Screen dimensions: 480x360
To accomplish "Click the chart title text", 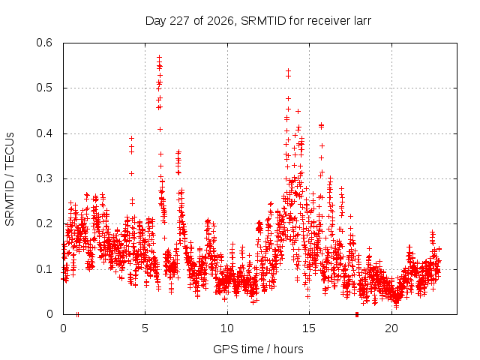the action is click(258, 21).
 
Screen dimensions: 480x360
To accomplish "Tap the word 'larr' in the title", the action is click(361, 21).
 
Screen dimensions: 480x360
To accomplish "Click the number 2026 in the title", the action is click(220, 21).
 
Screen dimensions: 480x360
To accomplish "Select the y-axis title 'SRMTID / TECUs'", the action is click(10, 179).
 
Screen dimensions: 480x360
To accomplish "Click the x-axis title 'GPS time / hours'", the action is click(258, 349).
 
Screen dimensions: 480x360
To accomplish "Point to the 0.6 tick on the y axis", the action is click(44, 43).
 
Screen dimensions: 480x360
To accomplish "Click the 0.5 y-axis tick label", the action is click(44, 88).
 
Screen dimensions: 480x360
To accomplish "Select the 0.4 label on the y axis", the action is click(44, 133).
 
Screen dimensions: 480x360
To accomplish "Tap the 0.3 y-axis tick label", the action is click(44, 178).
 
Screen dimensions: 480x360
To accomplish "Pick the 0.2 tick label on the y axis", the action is click(44, 223).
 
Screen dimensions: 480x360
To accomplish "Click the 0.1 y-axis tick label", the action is click(44, 269).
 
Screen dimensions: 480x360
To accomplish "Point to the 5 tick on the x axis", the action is click(145, 328).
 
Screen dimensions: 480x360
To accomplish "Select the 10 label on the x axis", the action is click(227, 328).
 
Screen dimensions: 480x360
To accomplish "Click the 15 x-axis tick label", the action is click(309, 328).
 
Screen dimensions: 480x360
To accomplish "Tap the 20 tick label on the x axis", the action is click(391, 328).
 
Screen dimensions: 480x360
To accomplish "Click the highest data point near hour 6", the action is click(159, 57).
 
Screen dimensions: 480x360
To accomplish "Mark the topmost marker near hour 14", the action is click(288, 70).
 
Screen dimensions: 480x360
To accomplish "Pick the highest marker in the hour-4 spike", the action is click(132, 138).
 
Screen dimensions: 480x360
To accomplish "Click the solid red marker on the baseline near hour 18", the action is click(357, 314).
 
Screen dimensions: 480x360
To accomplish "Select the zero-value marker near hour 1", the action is click(77, 314).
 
